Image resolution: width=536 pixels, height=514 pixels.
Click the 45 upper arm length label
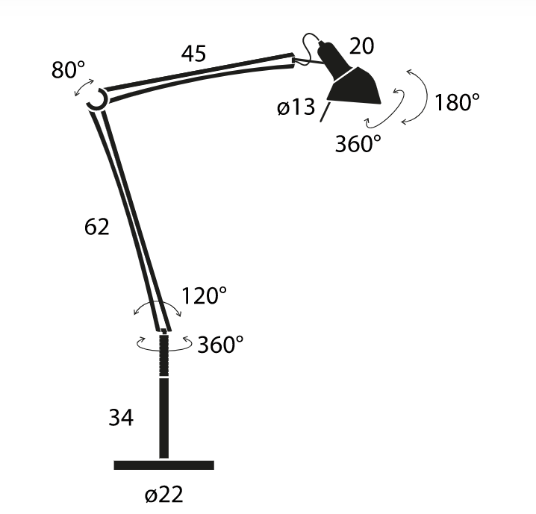click(x=193, y=54)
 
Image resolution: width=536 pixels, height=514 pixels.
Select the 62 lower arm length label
click(x=97, y=227)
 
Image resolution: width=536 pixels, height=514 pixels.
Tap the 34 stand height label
click(x=121, y=417)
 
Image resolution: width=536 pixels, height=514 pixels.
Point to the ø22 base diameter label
click(x=164, y=494)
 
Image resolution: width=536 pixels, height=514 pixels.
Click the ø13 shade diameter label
click(x=296, y=107)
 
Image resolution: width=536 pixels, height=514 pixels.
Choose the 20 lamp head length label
click(x=361, y=46)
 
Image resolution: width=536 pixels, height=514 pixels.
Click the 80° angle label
click(x=68, y=69)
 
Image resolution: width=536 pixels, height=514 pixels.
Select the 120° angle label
click(x=204, y=295)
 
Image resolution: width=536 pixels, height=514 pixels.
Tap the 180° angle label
click(x=457, y=102)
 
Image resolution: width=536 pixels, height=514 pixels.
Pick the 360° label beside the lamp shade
click(x=358, y=143)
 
